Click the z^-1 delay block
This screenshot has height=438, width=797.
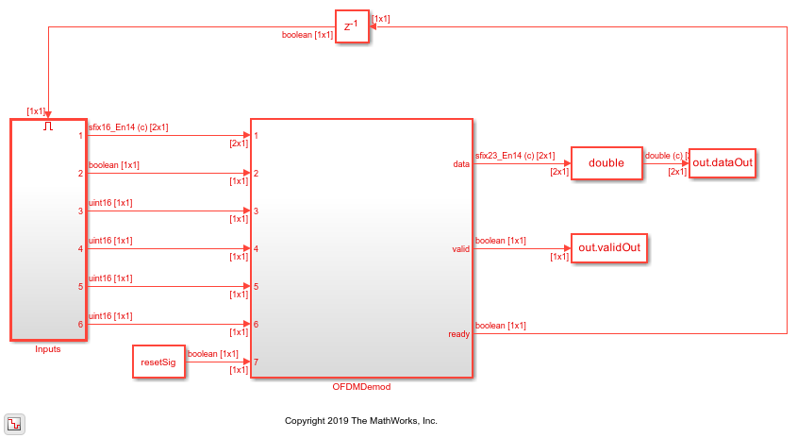tap(350, 27)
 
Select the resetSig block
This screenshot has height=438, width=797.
tap(158, 362)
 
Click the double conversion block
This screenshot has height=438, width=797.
tap(606, 163)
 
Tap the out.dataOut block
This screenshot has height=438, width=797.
tap(723, 163)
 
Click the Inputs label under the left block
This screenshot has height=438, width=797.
tap(47, 349)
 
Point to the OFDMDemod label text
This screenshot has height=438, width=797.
tap(360, 387)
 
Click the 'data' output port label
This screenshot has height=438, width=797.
tap(461, 164)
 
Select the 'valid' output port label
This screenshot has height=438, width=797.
tap(460, 249)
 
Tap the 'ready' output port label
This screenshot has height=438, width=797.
tap(459, 334)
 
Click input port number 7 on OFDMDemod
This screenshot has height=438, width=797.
tap(256, 362)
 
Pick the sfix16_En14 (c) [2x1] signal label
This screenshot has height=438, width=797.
tap(128, 126)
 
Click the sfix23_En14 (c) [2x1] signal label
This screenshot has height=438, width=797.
tap(515, 155)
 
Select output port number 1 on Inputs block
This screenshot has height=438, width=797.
tap(81, 136)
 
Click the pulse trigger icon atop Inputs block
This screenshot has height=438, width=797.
tap(48, 126)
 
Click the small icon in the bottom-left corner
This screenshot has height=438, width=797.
tap(15, 422)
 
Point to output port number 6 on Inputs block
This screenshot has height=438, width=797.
tap(81, 325)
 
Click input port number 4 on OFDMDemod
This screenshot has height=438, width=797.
tap(256, 249)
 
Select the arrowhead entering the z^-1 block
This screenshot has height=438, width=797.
tap(372, 27)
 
